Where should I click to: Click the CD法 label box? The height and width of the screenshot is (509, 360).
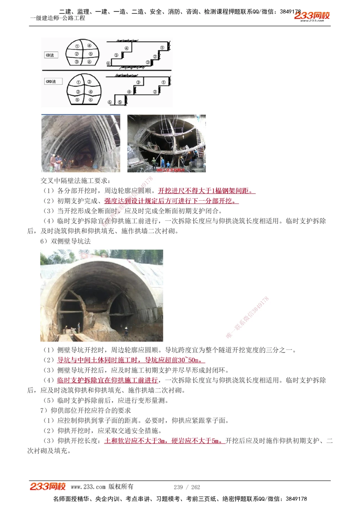click(51, 55)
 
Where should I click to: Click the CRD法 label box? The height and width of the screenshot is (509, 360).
click(51, 82)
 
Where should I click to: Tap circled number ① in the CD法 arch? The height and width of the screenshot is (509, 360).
click(77, 46)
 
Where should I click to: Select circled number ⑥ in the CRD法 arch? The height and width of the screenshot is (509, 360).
click(90, 100)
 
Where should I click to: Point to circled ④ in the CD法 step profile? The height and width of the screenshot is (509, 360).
click(127, 49)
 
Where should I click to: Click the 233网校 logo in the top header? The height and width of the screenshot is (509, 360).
click(312, 16)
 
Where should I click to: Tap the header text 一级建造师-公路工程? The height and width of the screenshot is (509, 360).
click(58, 18)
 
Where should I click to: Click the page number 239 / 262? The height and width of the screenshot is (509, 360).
click(187, 487)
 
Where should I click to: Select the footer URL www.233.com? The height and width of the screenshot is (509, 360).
click(88, 487)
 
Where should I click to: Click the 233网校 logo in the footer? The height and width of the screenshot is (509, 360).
click(48, 487)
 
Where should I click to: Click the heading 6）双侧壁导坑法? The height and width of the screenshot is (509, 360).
click(65, 241)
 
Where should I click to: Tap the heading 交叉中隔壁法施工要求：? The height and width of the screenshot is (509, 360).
click(75, 181)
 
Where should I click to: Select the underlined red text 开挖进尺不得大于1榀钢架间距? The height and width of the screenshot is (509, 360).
click(206, 191)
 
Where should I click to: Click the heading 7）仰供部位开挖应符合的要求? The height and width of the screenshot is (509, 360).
click(85, 410)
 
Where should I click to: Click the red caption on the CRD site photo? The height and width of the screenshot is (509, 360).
click(171, 170)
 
